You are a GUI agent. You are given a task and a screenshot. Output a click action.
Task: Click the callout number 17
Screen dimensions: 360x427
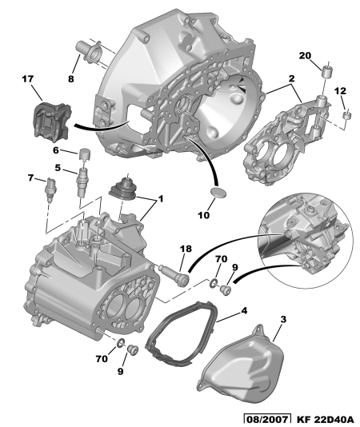point(27,79)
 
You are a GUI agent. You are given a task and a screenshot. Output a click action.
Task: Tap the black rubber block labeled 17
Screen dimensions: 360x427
point(52,122)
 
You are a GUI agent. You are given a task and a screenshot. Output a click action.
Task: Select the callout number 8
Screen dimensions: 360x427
point(71,79)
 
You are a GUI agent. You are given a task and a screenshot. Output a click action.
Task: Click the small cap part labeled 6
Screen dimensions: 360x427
point(84,154)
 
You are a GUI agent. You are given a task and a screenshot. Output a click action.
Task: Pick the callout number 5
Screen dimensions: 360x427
point(58,168)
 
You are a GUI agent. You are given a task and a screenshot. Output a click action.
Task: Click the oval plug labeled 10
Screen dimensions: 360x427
point(218,192)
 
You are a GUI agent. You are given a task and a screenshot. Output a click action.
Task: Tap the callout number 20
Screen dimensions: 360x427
point(305,55)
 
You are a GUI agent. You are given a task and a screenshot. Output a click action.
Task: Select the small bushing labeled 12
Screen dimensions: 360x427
point(347,114)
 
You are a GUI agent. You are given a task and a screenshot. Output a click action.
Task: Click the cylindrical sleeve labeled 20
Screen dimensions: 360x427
point(326,71)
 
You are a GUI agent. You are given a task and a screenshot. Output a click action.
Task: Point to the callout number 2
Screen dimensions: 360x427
point(291,78)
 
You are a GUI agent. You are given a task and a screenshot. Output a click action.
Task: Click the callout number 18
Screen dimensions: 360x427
point(186,249)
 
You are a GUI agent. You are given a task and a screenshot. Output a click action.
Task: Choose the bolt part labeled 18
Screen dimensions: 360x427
point(174,274)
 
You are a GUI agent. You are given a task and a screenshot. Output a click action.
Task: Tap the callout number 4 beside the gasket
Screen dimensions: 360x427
point(244,310)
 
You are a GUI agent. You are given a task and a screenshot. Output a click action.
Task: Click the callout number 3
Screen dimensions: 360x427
point(283,319)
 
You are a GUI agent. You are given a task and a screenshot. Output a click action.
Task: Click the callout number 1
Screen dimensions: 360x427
point(161,199)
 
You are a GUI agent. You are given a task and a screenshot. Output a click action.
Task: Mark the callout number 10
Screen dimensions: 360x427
point(203,215)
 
